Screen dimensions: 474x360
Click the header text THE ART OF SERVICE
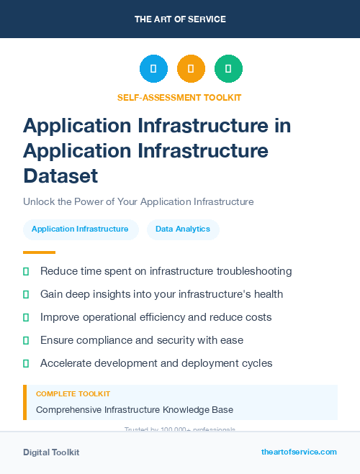point(180,19)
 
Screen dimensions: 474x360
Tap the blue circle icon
point(153,69)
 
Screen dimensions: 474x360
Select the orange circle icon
point(191,69)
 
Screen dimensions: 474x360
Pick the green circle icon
point(228,69)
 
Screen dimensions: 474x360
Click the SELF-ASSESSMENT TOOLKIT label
point(179,97)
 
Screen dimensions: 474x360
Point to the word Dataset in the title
point(60,176)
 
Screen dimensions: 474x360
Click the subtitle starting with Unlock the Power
point(138,202)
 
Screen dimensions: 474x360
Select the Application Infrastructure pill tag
point(80,229)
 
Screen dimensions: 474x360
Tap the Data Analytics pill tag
point(183,229)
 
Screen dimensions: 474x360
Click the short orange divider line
point(39,252)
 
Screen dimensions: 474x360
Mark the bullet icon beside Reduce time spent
point(26,271)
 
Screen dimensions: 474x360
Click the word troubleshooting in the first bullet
point(254,271)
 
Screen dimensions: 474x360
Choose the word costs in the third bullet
point(257,317)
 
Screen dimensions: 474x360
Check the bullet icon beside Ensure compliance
point(26,340)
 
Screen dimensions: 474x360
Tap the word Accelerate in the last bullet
point(66,363)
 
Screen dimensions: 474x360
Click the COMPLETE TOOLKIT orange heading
point(73,394)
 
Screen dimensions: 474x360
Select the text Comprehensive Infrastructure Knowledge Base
point(135,410)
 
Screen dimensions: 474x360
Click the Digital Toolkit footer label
point(51,452)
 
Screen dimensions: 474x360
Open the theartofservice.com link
point(299,452)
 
